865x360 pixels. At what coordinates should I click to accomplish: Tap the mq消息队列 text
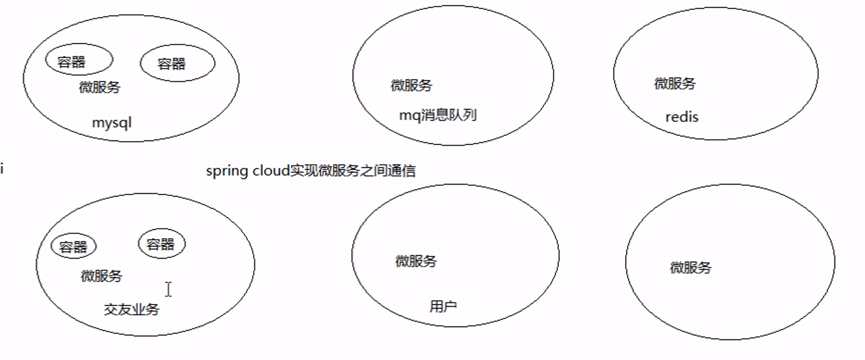[x=438, y=115]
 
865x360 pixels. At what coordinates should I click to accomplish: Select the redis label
[x=682, y=117]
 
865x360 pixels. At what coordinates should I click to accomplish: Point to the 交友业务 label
[x=131, y=309]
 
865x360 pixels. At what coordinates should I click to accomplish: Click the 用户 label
[x=443, y=306]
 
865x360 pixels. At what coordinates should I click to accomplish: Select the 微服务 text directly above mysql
[x=100, y=87]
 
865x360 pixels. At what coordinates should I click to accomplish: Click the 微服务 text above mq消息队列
[x=411, y=85]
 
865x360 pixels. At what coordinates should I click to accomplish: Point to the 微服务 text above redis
[x=674, y=84]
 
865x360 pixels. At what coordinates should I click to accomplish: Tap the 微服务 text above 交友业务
[x=102, y=276]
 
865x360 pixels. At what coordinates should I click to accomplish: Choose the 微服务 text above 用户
[x=416, y=261]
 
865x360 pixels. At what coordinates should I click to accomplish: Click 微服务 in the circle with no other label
[x=691, y=268]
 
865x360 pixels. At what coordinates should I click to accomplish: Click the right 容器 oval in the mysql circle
[x=177, y=64]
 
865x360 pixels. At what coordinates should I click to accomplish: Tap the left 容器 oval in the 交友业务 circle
[x=73, y=247]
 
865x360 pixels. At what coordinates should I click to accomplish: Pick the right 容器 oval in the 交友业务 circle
[x=161, y=245]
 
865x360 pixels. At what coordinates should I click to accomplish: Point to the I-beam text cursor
[x=169, y=289]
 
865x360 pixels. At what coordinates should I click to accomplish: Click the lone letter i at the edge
[x=2, y=170]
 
